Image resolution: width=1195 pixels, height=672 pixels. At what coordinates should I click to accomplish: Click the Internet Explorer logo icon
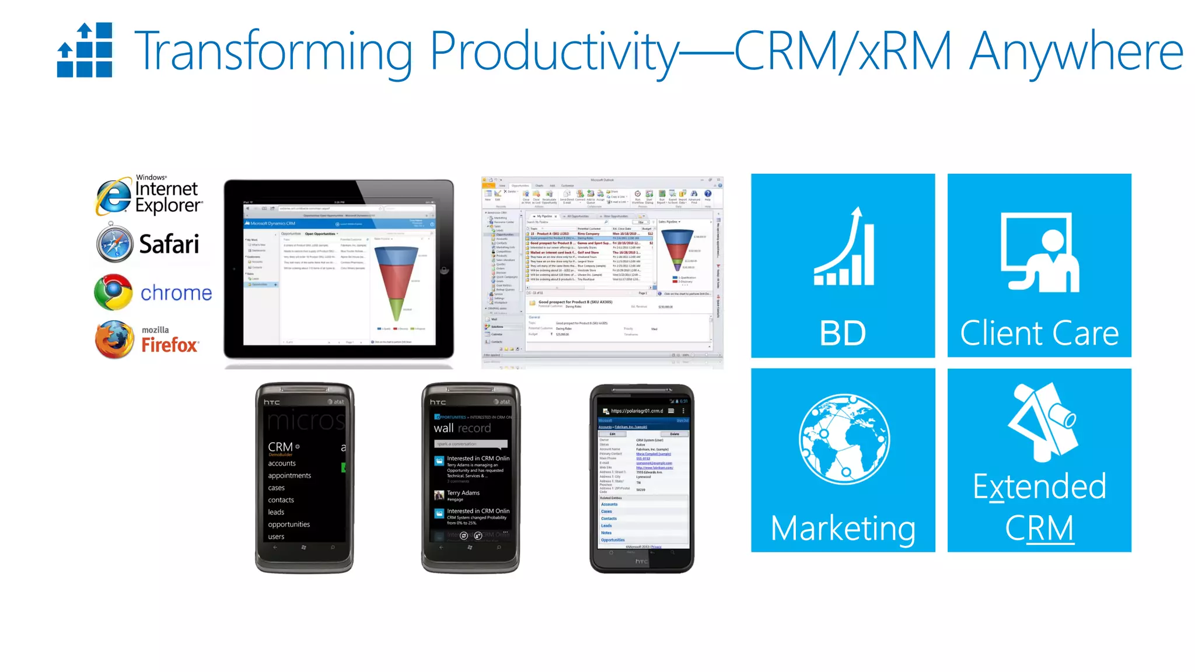[114, 196]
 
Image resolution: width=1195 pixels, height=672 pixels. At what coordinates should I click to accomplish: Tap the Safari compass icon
[114, 244]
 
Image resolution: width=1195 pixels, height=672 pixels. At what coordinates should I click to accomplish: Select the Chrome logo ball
[113, 292]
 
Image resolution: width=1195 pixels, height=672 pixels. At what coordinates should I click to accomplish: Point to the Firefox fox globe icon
[114, 339]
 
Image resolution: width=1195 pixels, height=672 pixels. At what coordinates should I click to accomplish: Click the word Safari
[169, 244]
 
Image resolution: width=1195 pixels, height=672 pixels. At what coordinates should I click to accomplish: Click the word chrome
[176, 293]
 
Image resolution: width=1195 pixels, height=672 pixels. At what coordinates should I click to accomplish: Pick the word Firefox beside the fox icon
[170, 345]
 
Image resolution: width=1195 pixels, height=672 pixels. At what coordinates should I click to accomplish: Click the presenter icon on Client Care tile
[1040, 252]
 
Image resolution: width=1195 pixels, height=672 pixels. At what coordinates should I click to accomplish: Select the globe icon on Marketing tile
[844, 439]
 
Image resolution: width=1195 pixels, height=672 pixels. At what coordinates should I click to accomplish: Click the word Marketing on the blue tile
[843, 528]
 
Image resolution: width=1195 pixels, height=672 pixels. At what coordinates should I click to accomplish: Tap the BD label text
[843, 334]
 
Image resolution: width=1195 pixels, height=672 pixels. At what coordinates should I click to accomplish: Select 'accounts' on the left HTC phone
[282, 463]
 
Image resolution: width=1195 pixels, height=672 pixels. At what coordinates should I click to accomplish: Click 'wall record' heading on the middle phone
[462, 428]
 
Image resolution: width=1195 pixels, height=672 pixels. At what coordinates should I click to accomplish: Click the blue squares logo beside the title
[85, 50]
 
